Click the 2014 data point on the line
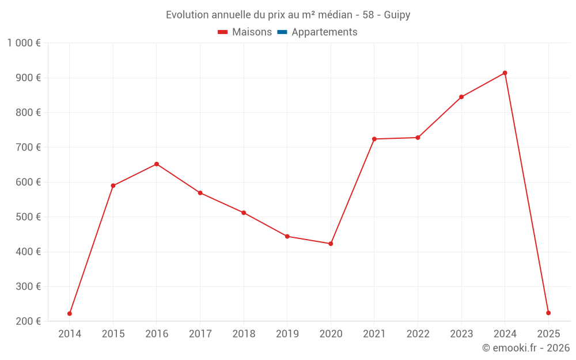point(70,313)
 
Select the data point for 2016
point(157,164)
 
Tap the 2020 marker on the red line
point(331,244)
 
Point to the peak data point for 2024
point(505,73)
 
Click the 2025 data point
point(548,313)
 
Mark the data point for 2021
point(374,139)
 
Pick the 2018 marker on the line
point(244,213)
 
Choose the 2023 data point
point(461,97)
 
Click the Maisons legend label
point(252,32)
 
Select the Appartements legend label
point(324,32)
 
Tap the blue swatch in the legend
point(282,32)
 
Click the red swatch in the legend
point(223,32)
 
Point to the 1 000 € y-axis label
point(24,43)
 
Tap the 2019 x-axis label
point(287,334)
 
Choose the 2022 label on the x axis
point(418,334)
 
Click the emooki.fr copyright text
point(526,348)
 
